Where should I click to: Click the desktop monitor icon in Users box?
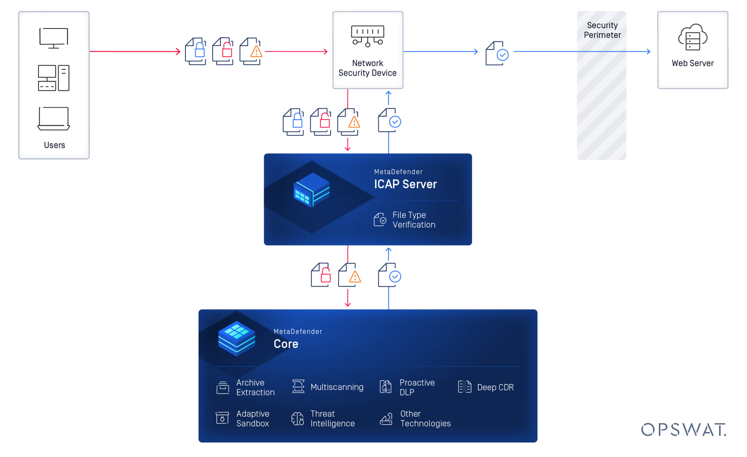[54, 38]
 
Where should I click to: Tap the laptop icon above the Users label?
[54, 119]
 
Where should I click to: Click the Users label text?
[54, 145]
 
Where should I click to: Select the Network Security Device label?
[367, 68]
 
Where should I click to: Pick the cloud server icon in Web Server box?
[692, 37]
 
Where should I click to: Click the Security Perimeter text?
[602, 30]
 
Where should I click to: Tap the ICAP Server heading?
[405, 184]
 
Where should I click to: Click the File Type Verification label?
[414, 220]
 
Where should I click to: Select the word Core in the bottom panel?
[286, 344]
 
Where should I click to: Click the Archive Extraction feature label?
[255, 387]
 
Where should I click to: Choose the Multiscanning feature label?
[337, 387]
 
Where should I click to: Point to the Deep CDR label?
[495, 387]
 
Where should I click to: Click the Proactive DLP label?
[417, 387]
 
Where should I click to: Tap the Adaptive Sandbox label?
[252, 419]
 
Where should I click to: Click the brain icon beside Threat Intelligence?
[297, 419]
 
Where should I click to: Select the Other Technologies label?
[425, 419]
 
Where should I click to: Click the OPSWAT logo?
[683, 429]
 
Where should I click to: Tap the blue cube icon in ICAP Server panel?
[311, 190]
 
